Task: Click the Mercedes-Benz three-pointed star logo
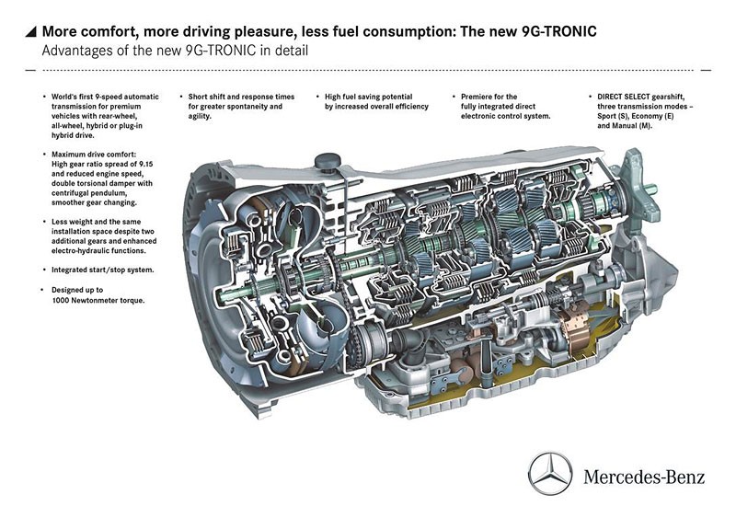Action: (x=550, y=473)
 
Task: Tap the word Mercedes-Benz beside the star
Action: (x=644, y=477)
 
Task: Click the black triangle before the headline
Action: (x=30, y=31)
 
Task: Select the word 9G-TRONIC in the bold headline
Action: (x=559, y=31)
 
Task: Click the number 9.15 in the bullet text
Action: (x=144, y=165)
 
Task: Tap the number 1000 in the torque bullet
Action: (x=61, y=301)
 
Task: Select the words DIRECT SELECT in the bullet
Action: (x=624, y=97)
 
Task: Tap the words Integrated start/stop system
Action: (x=102, y=270)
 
